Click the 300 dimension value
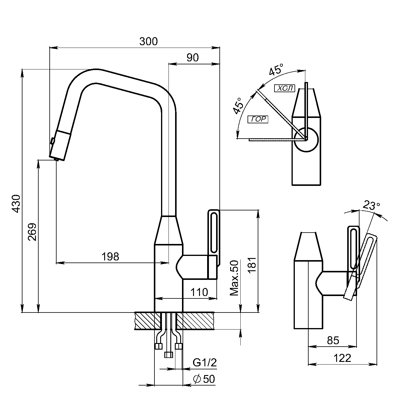pyautogui.click(x=148, y=41)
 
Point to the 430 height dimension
pyautogui.click(x=16, y=204)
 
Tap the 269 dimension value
pyautogui.click(x=32, y=232)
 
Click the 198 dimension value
pyautogui.click(x=110, y=257)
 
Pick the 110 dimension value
pyautogui.click(x=199, y=292)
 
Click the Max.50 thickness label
pyautogui.click(x=235, y=278)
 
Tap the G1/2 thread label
pyautogui.click(x=204, y=362)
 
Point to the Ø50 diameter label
pyautogui.click(x=204, y=379)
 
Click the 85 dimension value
pyautogui.click(x=333, y=340)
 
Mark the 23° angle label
pyautogui.click(x=371, y=205)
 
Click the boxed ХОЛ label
pyautogui.click(x=284, y=88)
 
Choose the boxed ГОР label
pyautogui.click(x=258, y=119)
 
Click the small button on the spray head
pyautogui.click(x=52, y=140)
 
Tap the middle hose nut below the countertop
pyautogui.click(x=169, y=355)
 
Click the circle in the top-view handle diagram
pyautogui.click(x=306, y=139)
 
